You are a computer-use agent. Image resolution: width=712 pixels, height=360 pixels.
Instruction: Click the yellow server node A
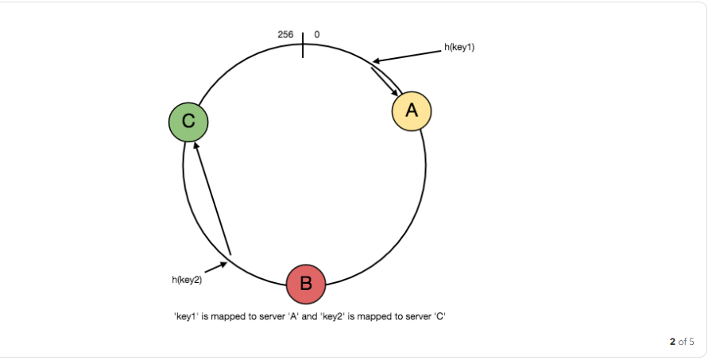point(412,111)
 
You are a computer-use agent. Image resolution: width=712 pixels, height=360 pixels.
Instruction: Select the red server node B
point(306,283)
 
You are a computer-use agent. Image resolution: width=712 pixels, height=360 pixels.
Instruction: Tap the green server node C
point(188,122)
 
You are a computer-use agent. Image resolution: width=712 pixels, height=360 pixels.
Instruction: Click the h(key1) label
point(459,48)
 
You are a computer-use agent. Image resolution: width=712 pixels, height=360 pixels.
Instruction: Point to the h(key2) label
point(187,279)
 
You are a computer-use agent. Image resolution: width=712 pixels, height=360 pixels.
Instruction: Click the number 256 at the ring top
point(285,35)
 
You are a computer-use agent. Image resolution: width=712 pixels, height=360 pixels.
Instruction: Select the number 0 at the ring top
point(317,35)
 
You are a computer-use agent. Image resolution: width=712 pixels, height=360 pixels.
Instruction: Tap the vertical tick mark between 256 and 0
point(303,45)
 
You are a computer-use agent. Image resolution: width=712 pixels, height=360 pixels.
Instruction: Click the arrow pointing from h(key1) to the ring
point(407,56)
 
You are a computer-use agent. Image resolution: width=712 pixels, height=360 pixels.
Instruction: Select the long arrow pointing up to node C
point(212,199)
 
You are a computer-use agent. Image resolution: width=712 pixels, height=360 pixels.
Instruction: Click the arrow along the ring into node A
point(385,81)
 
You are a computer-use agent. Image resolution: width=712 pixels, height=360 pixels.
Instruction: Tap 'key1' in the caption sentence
point(185,316)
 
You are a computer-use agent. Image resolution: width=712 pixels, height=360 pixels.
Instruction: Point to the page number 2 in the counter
point(672,342)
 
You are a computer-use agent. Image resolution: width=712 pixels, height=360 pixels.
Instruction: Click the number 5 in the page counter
point(691,342)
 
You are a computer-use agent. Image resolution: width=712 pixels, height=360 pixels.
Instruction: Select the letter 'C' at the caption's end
point(439,316)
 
